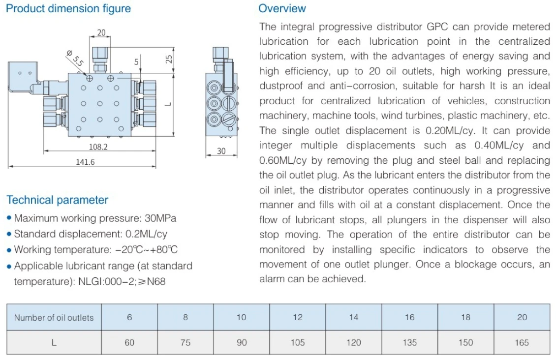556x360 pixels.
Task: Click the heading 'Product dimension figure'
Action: pos(68,9)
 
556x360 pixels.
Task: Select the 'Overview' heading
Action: pos(282,8)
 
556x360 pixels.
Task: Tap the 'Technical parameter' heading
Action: pos(58,200)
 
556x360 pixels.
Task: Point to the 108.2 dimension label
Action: pos(98,147)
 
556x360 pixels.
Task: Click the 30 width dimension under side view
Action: pos(221,151)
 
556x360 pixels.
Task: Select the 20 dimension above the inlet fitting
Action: pos(101,33)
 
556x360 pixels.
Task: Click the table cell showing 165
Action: pos(522,343)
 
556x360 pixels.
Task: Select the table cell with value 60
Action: pos(129,343)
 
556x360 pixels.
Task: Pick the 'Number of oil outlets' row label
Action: pos(54,318)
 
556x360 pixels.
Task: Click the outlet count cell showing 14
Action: pos(354,317)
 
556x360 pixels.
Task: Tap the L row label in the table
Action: pos(54,343)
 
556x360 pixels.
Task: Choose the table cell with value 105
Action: pos(298,343)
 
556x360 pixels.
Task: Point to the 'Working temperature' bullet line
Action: pos(96,250)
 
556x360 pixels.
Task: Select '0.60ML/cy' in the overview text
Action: pos(281,160)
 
